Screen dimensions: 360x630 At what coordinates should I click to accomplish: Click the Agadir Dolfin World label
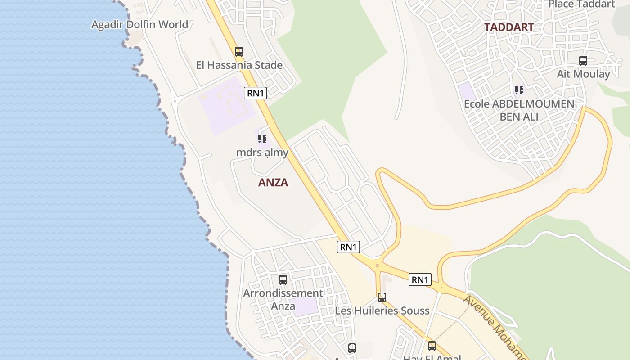(139, 24)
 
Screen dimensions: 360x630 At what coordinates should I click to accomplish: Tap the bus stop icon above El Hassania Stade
(239, 52)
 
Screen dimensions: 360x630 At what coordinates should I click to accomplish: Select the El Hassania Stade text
(239, 65)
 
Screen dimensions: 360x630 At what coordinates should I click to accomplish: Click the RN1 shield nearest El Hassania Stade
(256, 93)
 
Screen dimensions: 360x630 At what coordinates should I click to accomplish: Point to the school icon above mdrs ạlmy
(262, 139)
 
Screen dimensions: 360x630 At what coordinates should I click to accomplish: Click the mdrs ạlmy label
(262, 153)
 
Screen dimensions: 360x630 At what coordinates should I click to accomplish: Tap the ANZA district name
(273, 183)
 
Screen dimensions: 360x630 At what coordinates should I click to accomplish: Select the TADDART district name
(509, 27)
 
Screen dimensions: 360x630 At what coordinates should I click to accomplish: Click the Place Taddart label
(581, 4)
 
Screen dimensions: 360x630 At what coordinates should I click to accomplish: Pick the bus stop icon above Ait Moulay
(583, 61)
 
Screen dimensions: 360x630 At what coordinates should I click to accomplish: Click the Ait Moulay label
(583, 74)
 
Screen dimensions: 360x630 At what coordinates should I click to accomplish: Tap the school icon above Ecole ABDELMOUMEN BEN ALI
(519, 90)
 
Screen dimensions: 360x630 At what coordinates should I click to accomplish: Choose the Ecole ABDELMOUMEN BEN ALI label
(519, 110)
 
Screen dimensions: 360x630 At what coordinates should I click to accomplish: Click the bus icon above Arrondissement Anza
(283, 280)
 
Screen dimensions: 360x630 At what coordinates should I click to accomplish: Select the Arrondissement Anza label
(283, 299)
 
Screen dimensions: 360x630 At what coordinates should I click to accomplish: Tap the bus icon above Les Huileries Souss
(382, 297)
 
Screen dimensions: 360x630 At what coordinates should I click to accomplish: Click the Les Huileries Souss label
(382, 310)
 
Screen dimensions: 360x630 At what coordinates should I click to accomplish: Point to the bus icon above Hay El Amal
(432, 346)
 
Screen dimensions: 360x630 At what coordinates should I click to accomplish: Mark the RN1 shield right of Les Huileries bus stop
(420, 279)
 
